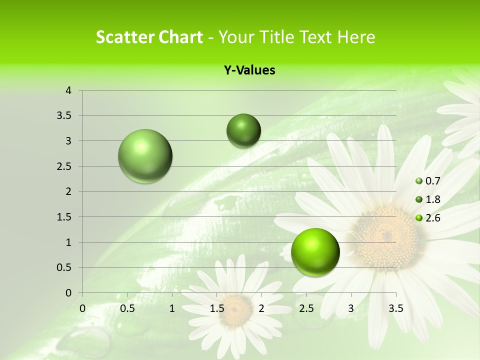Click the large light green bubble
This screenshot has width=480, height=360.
tap(145, 156)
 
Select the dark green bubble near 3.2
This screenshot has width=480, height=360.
tap(243, 130)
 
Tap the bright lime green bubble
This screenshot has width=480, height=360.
tap(315, 252)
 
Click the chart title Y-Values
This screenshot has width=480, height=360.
tap(249, 70)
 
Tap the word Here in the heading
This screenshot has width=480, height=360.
tap(355, 37)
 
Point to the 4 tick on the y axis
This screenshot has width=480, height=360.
tap(69, 90)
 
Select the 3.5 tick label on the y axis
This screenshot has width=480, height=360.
tap(64, 116)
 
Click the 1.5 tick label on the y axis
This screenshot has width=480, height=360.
tap(64, 217)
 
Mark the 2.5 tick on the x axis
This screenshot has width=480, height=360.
tap(306, 308)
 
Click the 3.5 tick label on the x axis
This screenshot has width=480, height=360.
tap(396, 308)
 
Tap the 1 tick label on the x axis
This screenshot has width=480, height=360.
tap(172, 308)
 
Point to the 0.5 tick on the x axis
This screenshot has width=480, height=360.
tap(127, 308)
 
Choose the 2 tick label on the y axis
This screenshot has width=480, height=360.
tap(69, 191)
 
